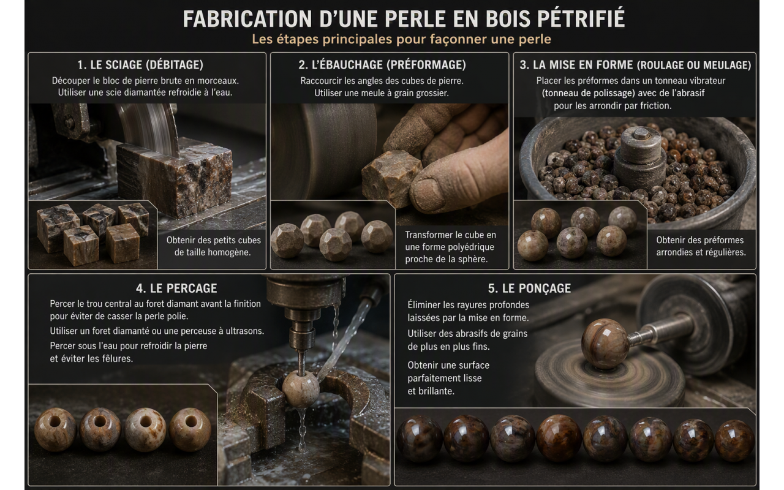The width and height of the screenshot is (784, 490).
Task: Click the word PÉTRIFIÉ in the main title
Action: tap(581, 18)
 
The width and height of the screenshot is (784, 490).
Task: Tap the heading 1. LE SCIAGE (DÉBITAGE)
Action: tap(140, 65)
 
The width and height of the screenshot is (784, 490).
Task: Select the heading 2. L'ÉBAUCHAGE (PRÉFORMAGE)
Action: tap(382, 65)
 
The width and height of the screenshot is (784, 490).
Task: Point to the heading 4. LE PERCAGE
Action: tap(176, 288)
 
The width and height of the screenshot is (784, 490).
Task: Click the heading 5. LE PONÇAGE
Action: tap(529, 288)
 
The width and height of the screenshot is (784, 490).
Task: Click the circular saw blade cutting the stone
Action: tap(151, 128)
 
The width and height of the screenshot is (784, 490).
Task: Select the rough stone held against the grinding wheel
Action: tap(391, 178)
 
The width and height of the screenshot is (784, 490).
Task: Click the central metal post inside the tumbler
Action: tap(640, 157)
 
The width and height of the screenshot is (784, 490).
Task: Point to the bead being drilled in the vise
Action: tap(300, 388)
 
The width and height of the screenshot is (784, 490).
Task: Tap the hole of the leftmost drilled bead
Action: tap(55, 421)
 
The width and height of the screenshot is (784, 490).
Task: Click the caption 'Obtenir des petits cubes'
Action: tap(214, 240)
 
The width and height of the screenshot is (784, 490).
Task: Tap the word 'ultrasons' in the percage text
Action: tap(244, 331)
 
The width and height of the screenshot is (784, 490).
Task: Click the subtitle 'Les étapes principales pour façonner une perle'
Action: tap(401, 39)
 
